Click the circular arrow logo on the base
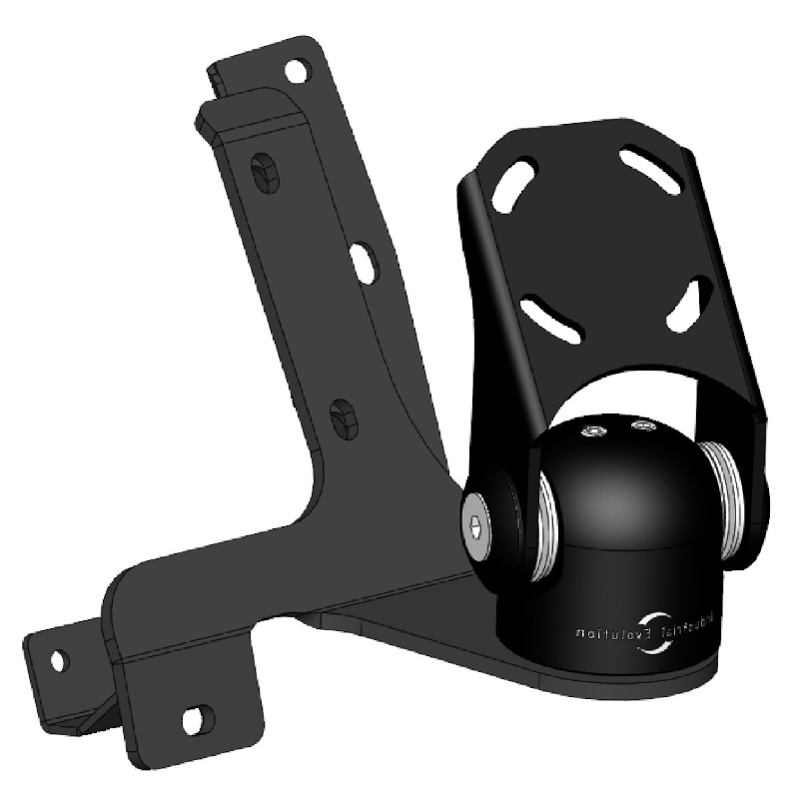tap(661, 635)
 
